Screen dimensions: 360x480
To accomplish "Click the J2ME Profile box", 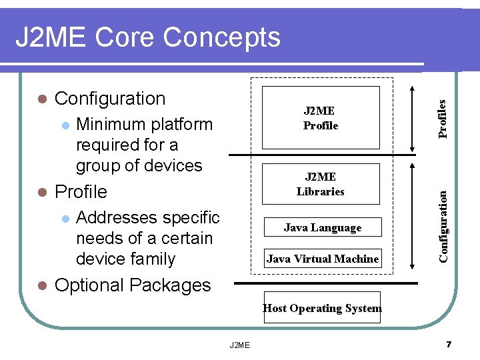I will [x=321, y=118].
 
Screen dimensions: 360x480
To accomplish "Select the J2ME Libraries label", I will [x=321, y=184].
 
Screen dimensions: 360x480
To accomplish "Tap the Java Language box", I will [x=323, y=227].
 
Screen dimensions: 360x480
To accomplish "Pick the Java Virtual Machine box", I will [x=323, y=259].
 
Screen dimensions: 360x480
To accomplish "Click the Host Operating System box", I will [x=323, y=308].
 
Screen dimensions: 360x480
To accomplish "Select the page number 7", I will [x=449, y=345].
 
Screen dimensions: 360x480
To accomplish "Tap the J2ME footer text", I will [x=239, y=345].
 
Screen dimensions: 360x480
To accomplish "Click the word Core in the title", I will [x=126, y=37].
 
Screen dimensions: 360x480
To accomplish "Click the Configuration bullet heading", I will [x=110, y=99].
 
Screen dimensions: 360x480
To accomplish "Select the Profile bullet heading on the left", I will [x=81, y=192].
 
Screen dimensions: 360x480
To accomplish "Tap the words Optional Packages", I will [x=133, y=285].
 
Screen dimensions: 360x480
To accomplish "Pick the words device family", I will [x=125, y=259].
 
